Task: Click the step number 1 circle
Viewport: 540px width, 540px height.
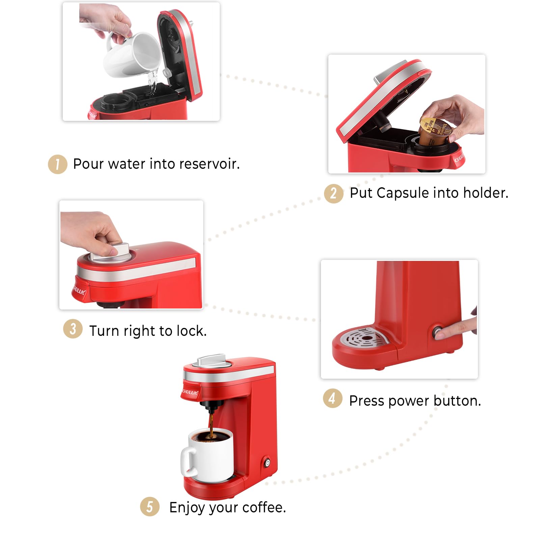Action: coord(58,164)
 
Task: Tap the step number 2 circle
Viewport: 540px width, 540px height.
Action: coord(333,193)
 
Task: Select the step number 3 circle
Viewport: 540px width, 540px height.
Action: coord(73,329)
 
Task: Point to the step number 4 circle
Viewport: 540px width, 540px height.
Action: coord(332,398)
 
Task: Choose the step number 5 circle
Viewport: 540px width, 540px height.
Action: coord(150,506)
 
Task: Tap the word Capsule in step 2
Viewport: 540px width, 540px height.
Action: coord(403,193)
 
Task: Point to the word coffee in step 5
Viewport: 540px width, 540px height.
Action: coord(264,507)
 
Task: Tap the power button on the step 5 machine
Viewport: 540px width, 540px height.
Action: coord(267,463)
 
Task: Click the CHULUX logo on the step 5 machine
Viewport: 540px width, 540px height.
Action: coord(190,392)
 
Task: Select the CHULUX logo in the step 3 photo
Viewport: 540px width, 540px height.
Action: coord(79,290)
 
